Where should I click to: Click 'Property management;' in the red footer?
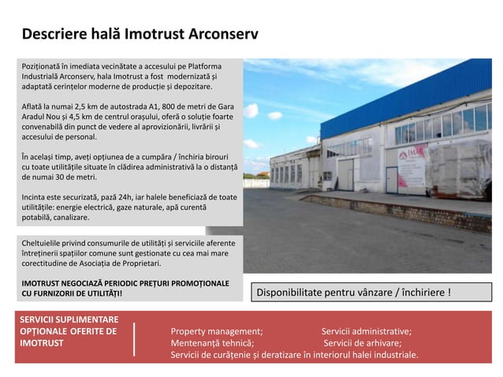pos(217,331)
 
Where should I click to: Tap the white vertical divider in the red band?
pos(136,338)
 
